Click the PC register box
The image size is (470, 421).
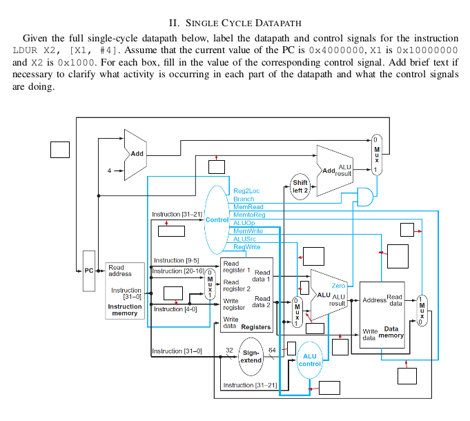[x=88, y=271]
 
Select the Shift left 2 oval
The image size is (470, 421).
[x=300, y=186]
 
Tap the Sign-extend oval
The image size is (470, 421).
[x=250, y=356]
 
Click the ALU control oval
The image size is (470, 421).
[x=310, y=360]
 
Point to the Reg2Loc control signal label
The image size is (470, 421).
[x=246, y=191]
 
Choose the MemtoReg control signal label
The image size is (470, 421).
[x=249, y=215]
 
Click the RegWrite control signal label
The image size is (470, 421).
[x=247, y=246]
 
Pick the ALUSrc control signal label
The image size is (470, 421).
[x=245, y=239]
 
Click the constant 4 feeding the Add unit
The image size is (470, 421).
[x=108, y=170]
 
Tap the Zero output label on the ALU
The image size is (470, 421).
[x=338, y=286]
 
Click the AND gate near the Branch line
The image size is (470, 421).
[x=363, y=198]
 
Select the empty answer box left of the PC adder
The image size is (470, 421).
[x=60, y=150]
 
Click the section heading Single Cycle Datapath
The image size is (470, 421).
[x=235, y=23]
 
